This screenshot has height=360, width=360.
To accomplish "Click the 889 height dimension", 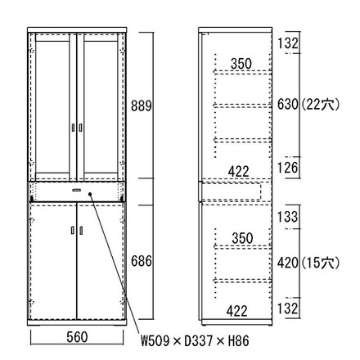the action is click(x=141, y=106).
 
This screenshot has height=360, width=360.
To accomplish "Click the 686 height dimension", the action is click(x=141, y=261).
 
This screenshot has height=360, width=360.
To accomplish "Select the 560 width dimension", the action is click(x=77, y=337).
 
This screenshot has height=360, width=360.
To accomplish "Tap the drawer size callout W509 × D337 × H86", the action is click(x=195, y=340).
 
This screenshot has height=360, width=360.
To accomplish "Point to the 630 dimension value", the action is click(x=288, y=104).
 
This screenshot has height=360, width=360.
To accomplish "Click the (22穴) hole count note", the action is click(x=321, y=104).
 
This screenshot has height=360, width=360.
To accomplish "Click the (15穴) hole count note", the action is click(x=321, y=263).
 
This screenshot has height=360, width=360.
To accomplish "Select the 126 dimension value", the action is click(x=288, y=168).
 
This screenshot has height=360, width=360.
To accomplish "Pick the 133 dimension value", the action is click(x=288, y=217).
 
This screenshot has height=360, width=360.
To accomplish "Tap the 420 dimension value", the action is click(x=288, y=263).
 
